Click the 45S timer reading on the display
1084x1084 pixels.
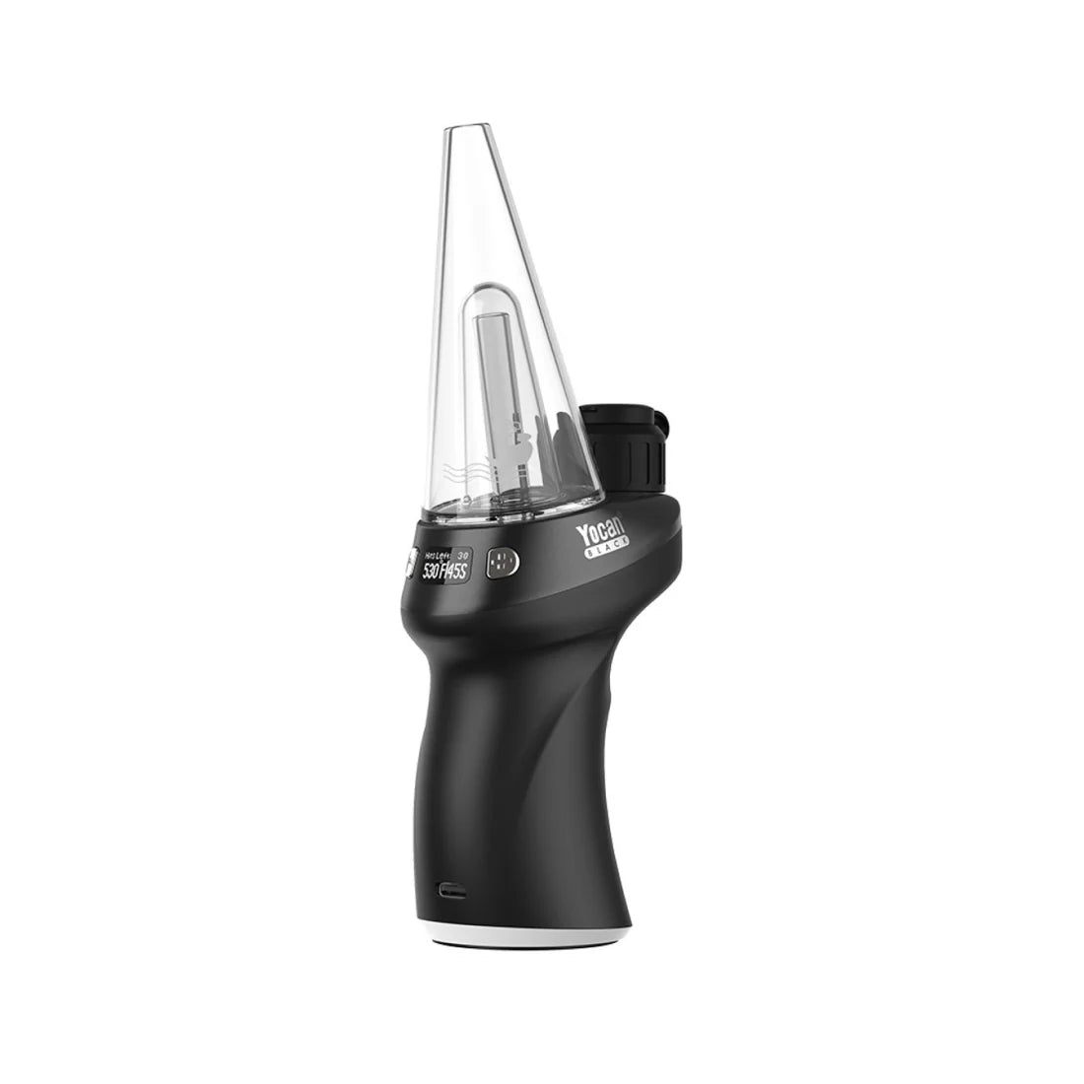point(466,572)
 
